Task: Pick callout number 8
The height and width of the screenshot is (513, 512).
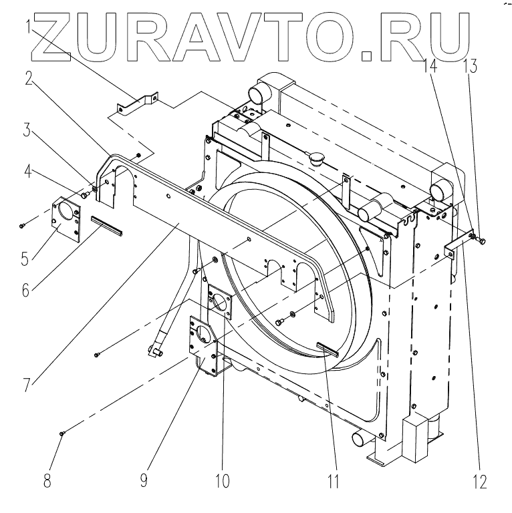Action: [x=47, y=480]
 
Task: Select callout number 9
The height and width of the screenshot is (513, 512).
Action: [x=144, y=480]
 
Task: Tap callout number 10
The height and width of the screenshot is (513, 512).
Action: [x=223, y=480]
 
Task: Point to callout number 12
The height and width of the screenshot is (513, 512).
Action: [x=481, y=480]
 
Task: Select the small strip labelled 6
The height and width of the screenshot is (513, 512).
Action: [x=108, y=226]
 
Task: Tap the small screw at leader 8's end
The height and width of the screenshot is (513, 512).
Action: [x=62, y=434]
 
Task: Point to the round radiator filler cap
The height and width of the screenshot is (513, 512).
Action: [x=315, y=160]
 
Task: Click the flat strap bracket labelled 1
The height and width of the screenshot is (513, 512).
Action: [x=138, y=106]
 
